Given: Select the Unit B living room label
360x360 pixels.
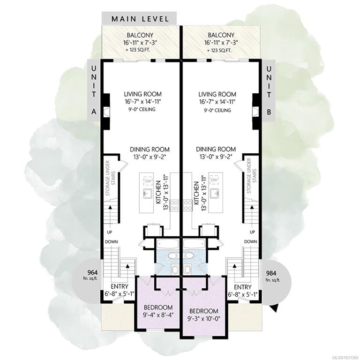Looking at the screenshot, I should tap(217, 94).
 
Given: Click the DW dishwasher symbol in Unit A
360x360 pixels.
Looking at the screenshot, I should tap(147, 181).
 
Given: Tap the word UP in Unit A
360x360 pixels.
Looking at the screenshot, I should tap(108, 232).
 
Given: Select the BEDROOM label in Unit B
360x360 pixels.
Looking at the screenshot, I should tap(203, 311).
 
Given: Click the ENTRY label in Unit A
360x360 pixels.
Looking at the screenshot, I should tap(119, 286).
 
